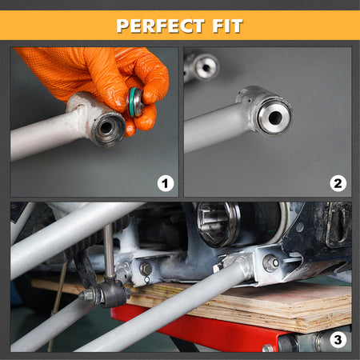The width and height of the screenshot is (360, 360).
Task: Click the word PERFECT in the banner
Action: pyautogui.click(x=160, y=26)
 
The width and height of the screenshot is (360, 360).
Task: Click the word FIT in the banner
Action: pyautogui.click(x=227, y=26)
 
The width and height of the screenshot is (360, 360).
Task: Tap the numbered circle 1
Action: pyautogui.click(x=166, y=183)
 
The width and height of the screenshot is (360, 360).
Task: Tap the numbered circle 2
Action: pyautogui.click(x=338, y=183)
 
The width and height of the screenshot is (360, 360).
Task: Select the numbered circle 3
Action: pyautogui.click(x=338, y=340)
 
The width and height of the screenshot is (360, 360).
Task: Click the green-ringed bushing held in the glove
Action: pyautogui.click(x=135, y=102)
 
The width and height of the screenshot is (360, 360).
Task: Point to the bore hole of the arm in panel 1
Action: pyautogui.click(x=106, y=128)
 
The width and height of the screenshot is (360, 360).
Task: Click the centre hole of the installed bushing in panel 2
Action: pyautogui.click(x=275, y=117)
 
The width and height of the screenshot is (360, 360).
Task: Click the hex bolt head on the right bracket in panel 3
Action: pyautogui.click(x=271, y=262)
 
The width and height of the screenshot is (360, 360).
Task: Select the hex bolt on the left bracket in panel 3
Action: pyautogui.click(x=146, y=269)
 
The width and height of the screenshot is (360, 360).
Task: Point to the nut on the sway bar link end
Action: pyautogui.click(x=86, y=294)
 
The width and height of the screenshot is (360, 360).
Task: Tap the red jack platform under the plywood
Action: pyautogui.click(x=202, y=328)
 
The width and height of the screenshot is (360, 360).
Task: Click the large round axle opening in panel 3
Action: pyautogui.click(x=218, y=224)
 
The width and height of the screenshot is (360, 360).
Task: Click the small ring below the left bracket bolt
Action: pyautogui.click(x=146, y=280)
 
